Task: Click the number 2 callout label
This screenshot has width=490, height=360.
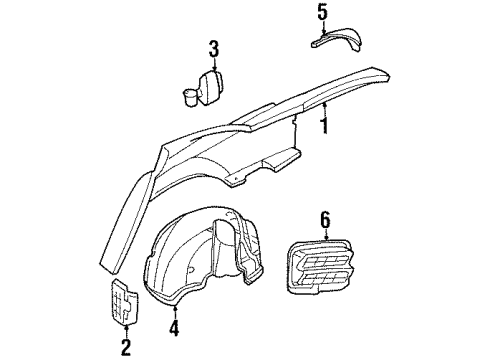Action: point(126,347)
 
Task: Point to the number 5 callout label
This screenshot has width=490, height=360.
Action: point(322,12)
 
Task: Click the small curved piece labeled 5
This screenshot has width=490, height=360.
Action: point(340,43)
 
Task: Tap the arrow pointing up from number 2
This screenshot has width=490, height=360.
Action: point(126,330)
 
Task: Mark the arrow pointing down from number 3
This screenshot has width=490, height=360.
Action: point(213,62)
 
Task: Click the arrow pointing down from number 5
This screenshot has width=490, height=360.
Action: point(322,27)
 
